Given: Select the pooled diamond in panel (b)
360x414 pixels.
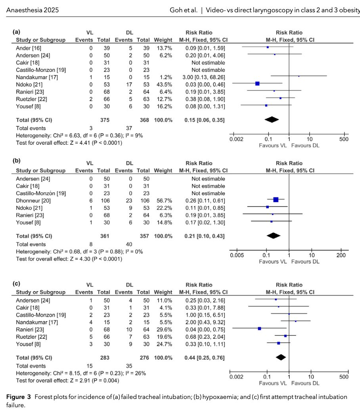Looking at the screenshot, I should [x=273, y=236].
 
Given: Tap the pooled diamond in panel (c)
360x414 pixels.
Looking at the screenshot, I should [x=281, y=357].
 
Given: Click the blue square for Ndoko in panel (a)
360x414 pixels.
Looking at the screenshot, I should [x=257, y=83].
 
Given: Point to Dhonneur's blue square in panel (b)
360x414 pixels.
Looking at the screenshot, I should [x=276, y=199].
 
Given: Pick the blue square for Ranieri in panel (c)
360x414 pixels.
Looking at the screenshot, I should [x=259, y=328].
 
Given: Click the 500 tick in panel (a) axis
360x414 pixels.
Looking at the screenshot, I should [x=344, y=140].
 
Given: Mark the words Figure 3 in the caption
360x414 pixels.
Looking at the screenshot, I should [x=19, y=397].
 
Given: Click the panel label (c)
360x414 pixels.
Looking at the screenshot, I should [x=16, y=284].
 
